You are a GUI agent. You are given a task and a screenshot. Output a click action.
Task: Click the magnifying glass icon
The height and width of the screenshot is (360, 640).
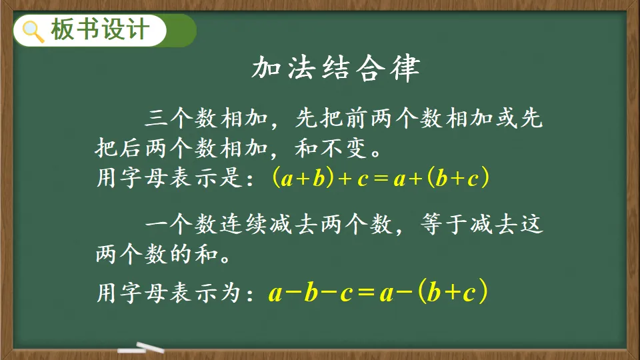click(x=33, y=31)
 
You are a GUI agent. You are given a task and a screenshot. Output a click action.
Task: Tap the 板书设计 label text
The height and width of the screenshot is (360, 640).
click(x=100, y=30)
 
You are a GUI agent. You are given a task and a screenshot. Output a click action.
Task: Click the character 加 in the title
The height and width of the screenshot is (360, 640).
click(x=266, y=68)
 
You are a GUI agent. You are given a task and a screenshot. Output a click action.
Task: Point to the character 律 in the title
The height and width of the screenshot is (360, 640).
click(x=405, y=68)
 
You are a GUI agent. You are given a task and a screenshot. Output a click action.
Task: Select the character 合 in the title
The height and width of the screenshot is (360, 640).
click(x=371, y=68)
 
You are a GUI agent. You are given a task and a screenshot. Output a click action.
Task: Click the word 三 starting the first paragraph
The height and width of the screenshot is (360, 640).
click(x=157, y=119)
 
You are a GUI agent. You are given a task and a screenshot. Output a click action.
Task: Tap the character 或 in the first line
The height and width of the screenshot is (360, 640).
click(x=507, y=119)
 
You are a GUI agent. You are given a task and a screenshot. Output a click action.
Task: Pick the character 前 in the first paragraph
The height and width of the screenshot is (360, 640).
click(x=356, y=119)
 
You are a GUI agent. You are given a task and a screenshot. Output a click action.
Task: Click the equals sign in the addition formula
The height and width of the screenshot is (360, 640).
click(x=381, y=179)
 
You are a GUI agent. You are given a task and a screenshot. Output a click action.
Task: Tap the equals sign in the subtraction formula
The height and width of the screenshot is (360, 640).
click(x=366, y=292)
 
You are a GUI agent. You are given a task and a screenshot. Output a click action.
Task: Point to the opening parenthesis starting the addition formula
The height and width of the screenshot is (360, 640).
click(x=276, y=177)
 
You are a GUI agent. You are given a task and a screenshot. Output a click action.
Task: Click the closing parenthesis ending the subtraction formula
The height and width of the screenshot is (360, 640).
click(x=483, y=291)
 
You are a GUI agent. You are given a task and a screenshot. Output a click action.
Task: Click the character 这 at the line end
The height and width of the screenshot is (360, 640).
click(x=532, y=224)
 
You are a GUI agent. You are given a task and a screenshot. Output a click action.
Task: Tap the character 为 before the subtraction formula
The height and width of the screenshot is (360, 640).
click(x=231, y=293)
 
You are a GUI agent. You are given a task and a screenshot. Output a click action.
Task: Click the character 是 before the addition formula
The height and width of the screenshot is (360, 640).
click(x=231, y=177)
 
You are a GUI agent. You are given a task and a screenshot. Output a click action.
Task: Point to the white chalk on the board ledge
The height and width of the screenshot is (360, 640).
click(x=141, y=348)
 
